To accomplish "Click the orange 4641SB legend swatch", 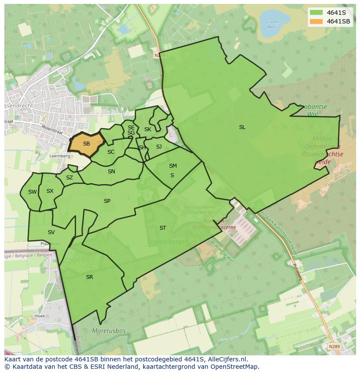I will coord(317,21).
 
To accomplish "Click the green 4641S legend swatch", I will coord(317,13).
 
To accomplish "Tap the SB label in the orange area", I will coord(87,144).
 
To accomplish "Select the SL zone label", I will coord(242,127).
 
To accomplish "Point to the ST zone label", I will coord(163,228).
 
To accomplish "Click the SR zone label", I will coord(90,277).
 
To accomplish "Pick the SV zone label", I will coord(51,232).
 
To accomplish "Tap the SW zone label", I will coord(33,192).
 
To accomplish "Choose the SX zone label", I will coord(50,191).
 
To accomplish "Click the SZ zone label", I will coord(70,178).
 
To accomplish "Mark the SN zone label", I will coord(111,172).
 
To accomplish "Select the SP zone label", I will coord(107,201).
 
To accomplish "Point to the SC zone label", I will coord(111,152).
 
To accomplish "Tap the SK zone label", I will coord(148,129).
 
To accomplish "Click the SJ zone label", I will coord(159,147).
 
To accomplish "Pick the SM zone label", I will coord(173,166).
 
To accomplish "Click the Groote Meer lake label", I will coord(272,24).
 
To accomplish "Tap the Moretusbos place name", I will coord(109,331).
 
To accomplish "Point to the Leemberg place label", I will coord(60,156).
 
